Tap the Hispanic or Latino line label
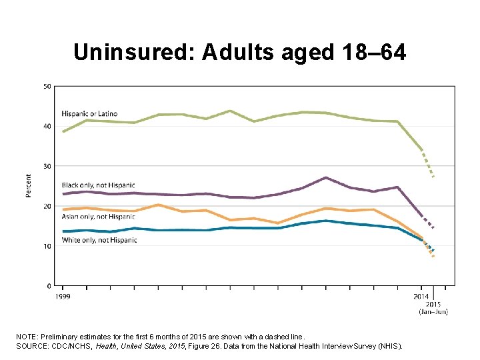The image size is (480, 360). coord(90,111)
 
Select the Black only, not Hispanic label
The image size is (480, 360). coord(98,185)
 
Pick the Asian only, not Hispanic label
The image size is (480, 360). coord(98,217)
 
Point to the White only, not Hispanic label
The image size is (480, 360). coord(99,240)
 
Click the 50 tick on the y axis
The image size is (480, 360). coord(47,86)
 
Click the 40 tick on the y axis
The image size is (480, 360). coord(47,126)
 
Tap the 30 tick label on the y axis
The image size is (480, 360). coord(47,166)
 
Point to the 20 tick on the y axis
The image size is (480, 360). coord(47,206)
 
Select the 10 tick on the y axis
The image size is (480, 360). coord(47,246)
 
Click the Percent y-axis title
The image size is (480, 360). coord(29,185)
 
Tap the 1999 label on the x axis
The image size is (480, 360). coord(63,295)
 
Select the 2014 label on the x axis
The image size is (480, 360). coord(421,295)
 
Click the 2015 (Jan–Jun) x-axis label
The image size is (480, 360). coord(433,307)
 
